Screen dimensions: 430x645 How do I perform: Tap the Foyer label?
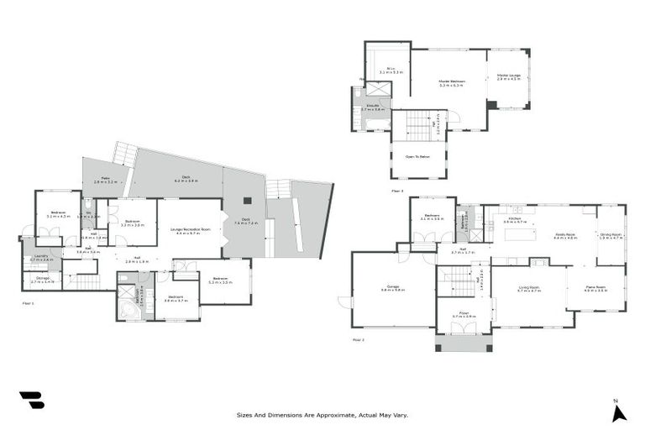pyautogui.click(x=464, y=315)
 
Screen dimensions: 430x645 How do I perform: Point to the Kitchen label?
pyautogui.click(x=515, y=220)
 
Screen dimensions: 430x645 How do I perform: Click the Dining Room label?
pyautogui.click(x=611, y=236)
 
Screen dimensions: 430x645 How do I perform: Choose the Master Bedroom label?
pyautogui.click(x=450, y=82)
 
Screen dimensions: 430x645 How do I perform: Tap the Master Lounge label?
pyautogui.click(x=510, y=78)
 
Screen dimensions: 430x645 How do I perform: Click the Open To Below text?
pyautogui.click(x=417, y=156)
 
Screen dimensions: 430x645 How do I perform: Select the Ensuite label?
pyautogui.click(x=372, y=108)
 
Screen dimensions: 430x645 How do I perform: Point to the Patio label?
pyautogui.click(x=104, y=180)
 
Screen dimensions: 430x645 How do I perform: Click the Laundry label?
pyautogui.click(x=41, y=258)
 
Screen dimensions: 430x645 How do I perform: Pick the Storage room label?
pyautogui.click(x=42, y=279)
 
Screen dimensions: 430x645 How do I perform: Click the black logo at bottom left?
pyautogui.click(x=32, y=400)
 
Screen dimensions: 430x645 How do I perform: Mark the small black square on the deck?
pyautogui.click(x=246, y=200)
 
